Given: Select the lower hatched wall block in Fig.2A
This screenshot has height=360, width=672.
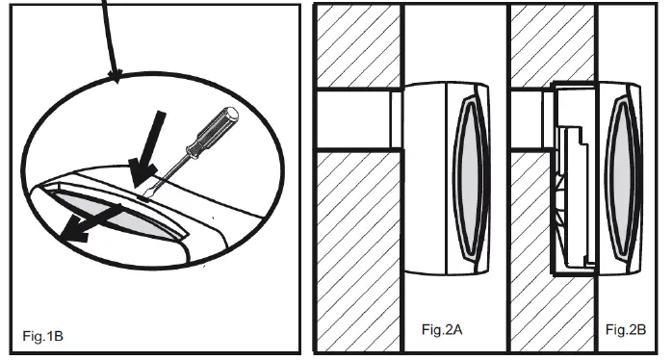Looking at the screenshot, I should (356, 250).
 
